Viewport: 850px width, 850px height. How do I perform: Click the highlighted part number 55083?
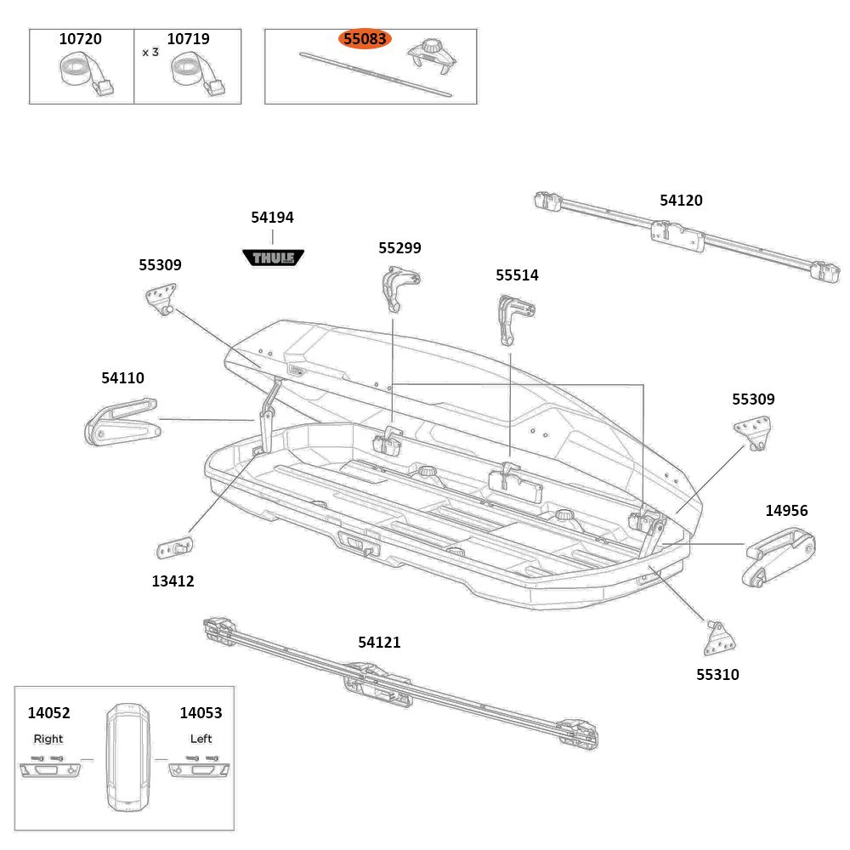click(x=365, y=39)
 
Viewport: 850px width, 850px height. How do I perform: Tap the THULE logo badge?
click(x=273, y=257)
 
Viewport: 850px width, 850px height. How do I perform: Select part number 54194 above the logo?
click(x=272, y=218)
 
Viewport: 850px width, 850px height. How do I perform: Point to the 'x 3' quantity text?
click(x=150, y=52)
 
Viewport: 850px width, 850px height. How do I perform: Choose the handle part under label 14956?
click(x=778, y=557)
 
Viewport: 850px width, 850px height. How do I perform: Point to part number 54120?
click(x=681, y=201)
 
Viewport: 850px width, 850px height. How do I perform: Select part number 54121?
click(x=379, y=643)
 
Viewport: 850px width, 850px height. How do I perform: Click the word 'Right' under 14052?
click(x=48, y=739)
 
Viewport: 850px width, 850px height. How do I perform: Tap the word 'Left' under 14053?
click(x=201, y=739)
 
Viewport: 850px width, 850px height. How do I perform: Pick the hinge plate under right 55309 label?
click(x=753, y=433)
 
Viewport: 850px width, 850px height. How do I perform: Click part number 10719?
click(x=188, y=39)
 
